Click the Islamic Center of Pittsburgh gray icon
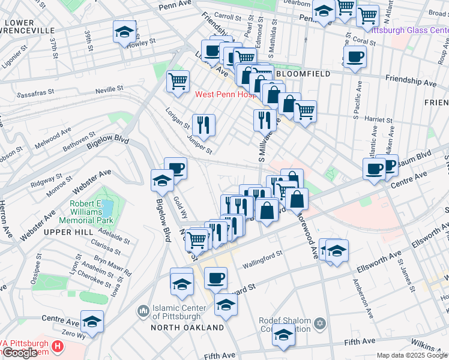pyautogui.click(x=143, y=310)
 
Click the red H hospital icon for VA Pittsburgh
pyautogui.click(x=57, y=346)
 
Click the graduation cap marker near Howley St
pyautogui.click(x=124, y=32)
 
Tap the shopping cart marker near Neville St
pyautogui.click(x=178, y=80)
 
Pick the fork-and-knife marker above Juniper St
pyautogui.click(x=203, y=124)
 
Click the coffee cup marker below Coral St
pyautogui.click(x=354, y=56)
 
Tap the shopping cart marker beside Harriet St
pyautogui.click(x=305, y=110)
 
